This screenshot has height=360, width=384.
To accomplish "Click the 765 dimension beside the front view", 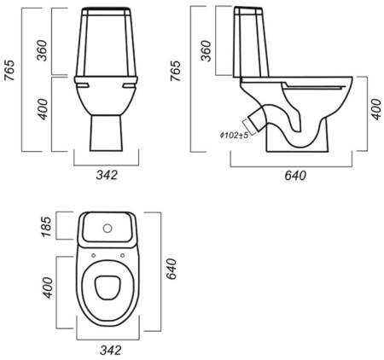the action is (10, 70).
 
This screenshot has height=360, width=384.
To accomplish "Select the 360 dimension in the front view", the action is (42, 50).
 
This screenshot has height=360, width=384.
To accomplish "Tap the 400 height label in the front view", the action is (43, 109).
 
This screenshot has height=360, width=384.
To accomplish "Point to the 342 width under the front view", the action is (107, 175).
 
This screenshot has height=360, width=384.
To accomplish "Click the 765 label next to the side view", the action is (176, 71).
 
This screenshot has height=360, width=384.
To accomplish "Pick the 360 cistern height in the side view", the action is (207, 51).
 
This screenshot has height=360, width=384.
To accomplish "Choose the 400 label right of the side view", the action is (376, 109).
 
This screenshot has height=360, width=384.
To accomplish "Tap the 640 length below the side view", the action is (295, 176).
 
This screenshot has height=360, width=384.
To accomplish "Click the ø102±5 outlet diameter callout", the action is (234, 136).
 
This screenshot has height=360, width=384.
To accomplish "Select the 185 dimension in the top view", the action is (46, 227).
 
